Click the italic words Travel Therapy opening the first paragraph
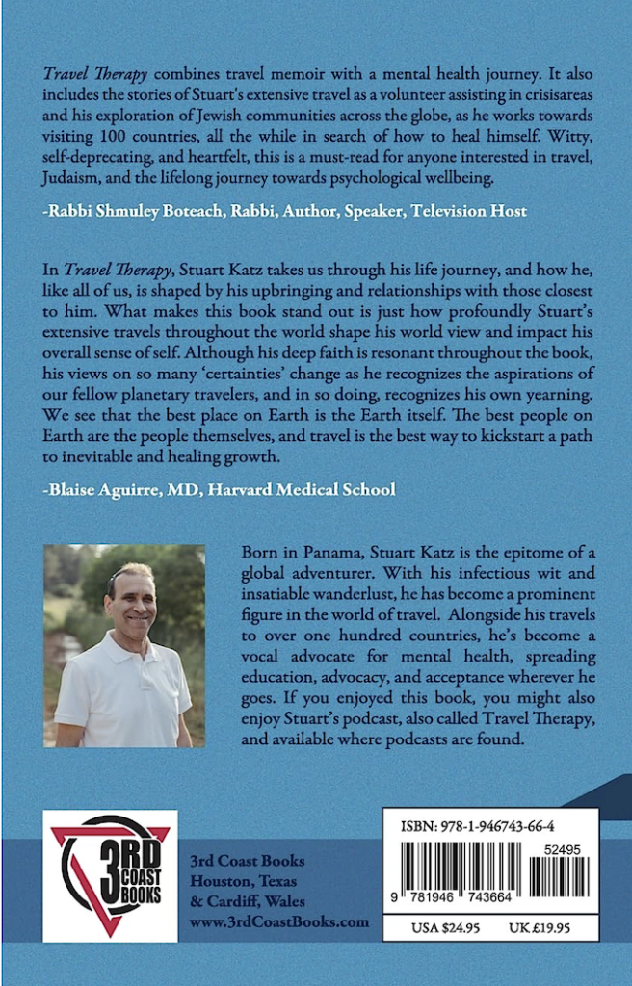(92, 74)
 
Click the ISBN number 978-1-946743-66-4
(490, 825)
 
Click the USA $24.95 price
(439, 927)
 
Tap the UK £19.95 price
(543, 927)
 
